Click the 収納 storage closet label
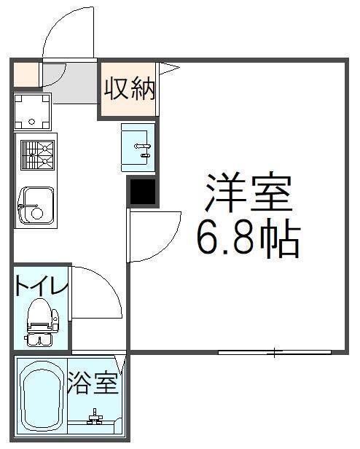tap(130, 89)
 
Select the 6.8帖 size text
tap(247, 238)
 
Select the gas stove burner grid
tap(37, 155)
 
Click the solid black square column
tap(141, 192)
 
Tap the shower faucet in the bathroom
tap(94, 419)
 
